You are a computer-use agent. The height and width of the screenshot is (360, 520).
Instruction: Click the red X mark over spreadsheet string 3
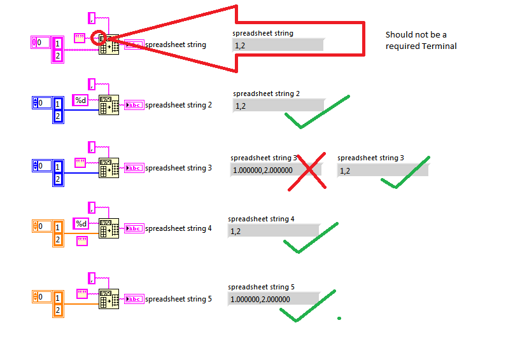[x=307, y=171]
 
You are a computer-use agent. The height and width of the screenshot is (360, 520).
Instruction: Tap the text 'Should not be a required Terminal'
[x=421, y=40]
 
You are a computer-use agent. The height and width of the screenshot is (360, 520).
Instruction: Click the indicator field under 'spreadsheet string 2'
[x=279, y=106]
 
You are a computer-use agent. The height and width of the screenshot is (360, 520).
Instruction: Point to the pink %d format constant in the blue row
[x=81, y=100]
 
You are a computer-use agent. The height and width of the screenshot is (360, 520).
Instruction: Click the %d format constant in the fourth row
[x=81, y=223]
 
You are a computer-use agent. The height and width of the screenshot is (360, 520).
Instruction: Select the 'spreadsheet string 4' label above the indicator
[x=261, y=219]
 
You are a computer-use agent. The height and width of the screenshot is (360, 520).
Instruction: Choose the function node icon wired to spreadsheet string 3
[x=109, y=168]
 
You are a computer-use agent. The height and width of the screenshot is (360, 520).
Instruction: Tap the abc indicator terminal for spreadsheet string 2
[x=134, y=105]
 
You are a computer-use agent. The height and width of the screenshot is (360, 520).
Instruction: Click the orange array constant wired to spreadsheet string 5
[x=48, y=303]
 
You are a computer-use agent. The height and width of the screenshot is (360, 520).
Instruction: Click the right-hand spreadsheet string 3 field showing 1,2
[x=383, y=170]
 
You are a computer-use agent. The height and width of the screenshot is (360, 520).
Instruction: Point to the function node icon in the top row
[x=109, y=45]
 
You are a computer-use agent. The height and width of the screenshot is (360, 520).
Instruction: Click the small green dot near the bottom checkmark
[x=339, y=318]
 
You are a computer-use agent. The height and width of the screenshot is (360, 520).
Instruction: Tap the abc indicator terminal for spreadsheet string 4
[x=134, y=228]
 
